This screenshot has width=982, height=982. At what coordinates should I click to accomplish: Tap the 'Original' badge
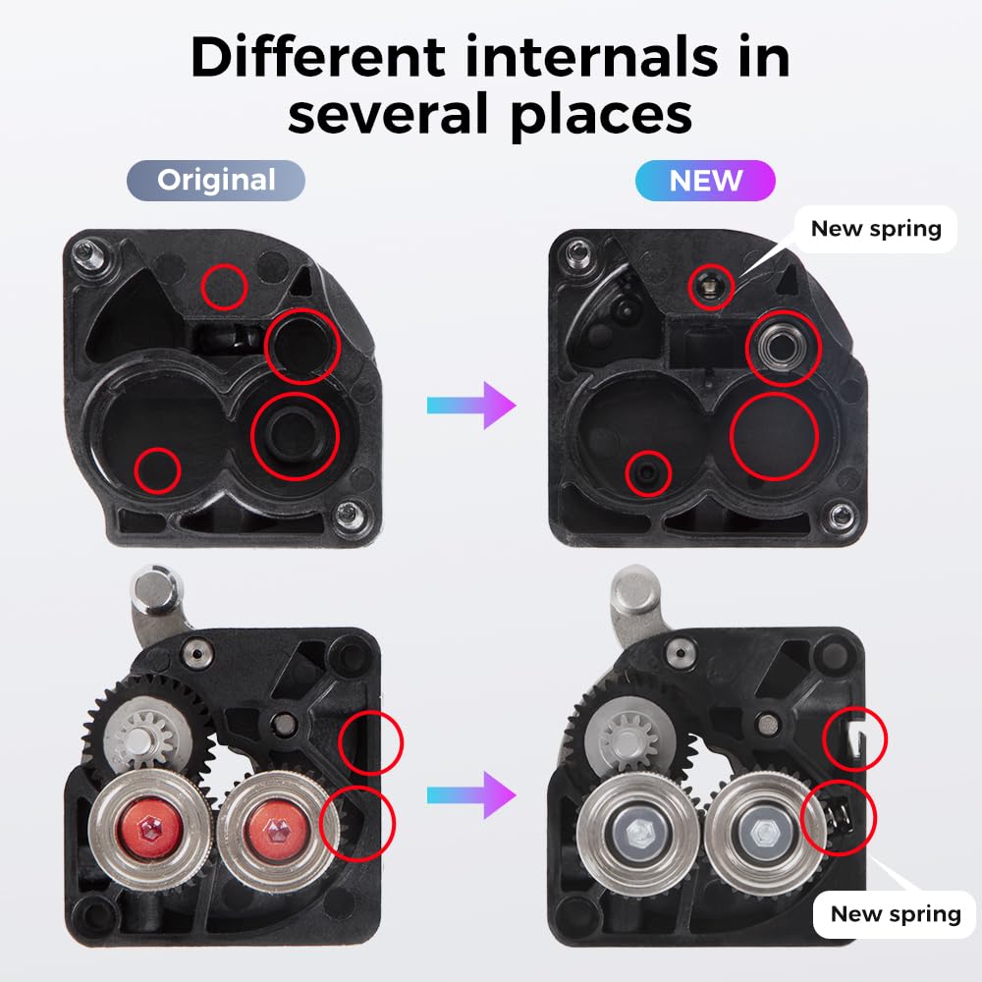click(x=216, y=181)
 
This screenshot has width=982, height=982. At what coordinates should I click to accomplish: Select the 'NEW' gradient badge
click(x=705, y=181)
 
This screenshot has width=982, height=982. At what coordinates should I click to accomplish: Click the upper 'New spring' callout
click(x=876, y=229)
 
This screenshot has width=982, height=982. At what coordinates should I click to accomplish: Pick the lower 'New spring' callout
click(x=895, y=914)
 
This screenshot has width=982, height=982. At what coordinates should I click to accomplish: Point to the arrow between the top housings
click(x=470, y=406)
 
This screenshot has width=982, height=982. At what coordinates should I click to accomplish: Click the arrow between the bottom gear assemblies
click(x=470, y=792)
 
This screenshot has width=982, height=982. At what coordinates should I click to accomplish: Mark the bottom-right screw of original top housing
click(x=348, y=513)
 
